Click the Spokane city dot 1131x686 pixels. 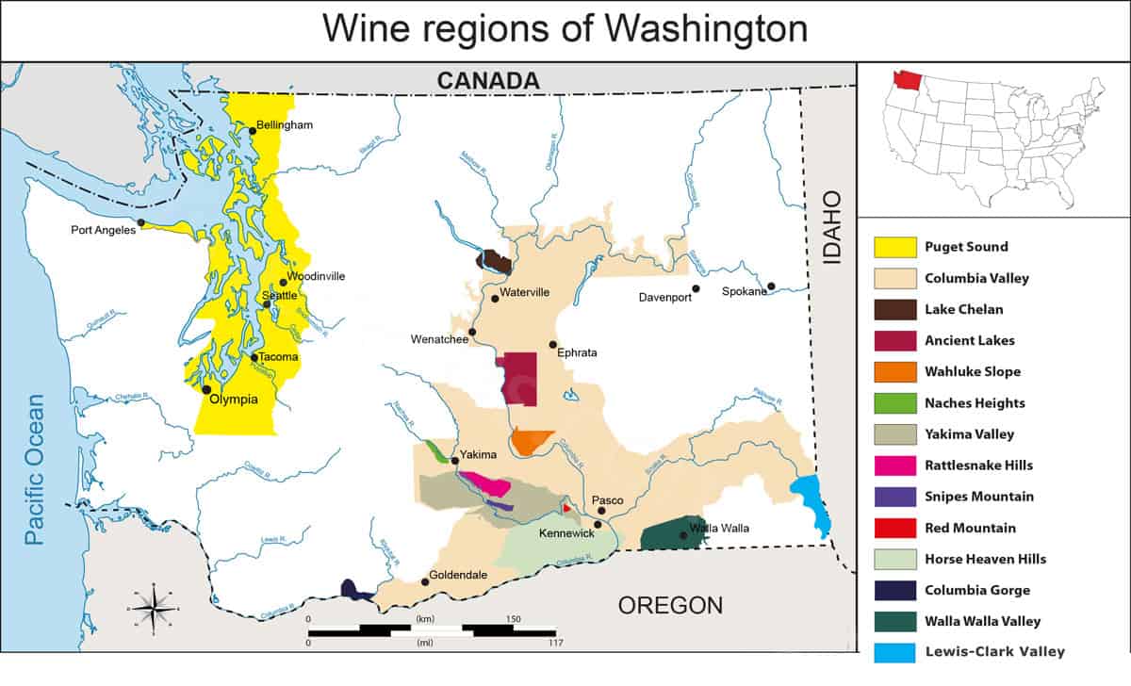[x=771, y=286]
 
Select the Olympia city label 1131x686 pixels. [x=234, y=399]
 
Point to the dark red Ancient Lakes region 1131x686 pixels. [x=519, y=378]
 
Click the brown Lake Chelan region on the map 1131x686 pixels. [x=495, y=261]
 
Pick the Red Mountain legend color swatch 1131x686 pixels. [x=895, y=528]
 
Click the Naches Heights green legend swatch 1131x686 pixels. [x=895, y=403]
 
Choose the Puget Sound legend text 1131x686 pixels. [x=966, y=247]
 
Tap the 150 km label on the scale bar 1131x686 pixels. [x=513, y=619]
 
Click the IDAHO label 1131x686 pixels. [x=832, y=225]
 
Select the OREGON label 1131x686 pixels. [x=670, y=605]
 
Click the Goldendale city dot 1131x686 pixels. [x=425, y=581]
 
